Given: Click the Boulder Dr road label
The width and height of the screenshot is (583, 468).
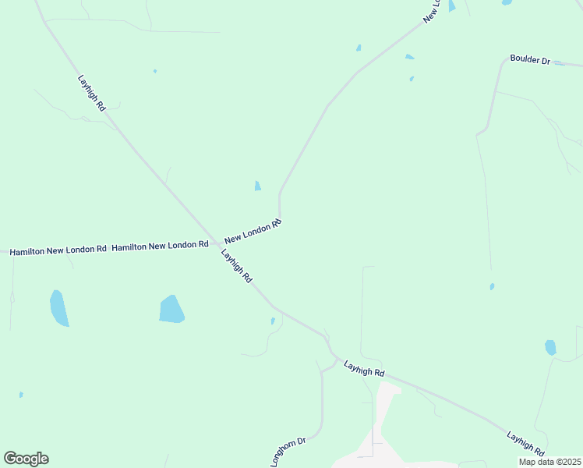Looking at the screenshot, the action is tap(530, 59).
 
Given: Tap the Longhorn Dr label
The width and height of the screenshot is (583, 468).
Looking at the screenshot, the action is tap(288, 452).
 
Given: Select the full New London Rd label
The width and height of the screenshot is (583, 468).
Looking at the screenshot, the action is tap(253, 232).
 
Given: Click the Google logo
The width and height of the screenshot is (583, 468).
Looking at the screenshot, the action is tap(26, 459).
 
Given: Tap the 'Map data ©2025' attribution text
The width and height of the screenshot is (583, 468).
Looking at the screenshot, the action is tap(549, 462).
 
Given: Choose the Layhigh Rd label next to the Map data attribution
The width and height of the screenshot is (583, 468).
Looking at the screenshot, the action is tap(525, 442).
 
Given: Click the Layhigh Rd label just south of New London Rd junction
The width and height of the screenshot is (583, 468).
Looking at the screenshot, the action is tap(237, 266).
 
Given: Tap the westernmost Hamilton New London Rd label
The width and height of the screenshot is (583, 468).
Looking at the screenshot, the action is tap(58, 250).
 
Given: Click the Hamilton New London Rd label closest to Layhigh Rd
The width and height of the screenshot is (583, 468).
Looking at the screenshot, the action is tap(160, 246).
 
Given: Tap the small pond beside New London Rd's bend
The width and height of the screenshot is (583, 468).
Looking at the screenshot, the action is tap(257, 186).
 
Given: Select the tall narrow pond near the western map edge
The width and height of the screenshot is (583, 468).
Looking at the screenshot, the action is tap(58, 307).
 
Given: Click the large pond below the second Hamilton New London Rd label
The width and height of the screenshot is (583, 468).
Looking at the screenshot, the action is tap(171, 309).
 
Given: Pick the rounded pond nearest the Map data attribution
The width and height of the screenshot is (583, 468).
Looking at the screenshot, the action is tap(550, 347).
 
